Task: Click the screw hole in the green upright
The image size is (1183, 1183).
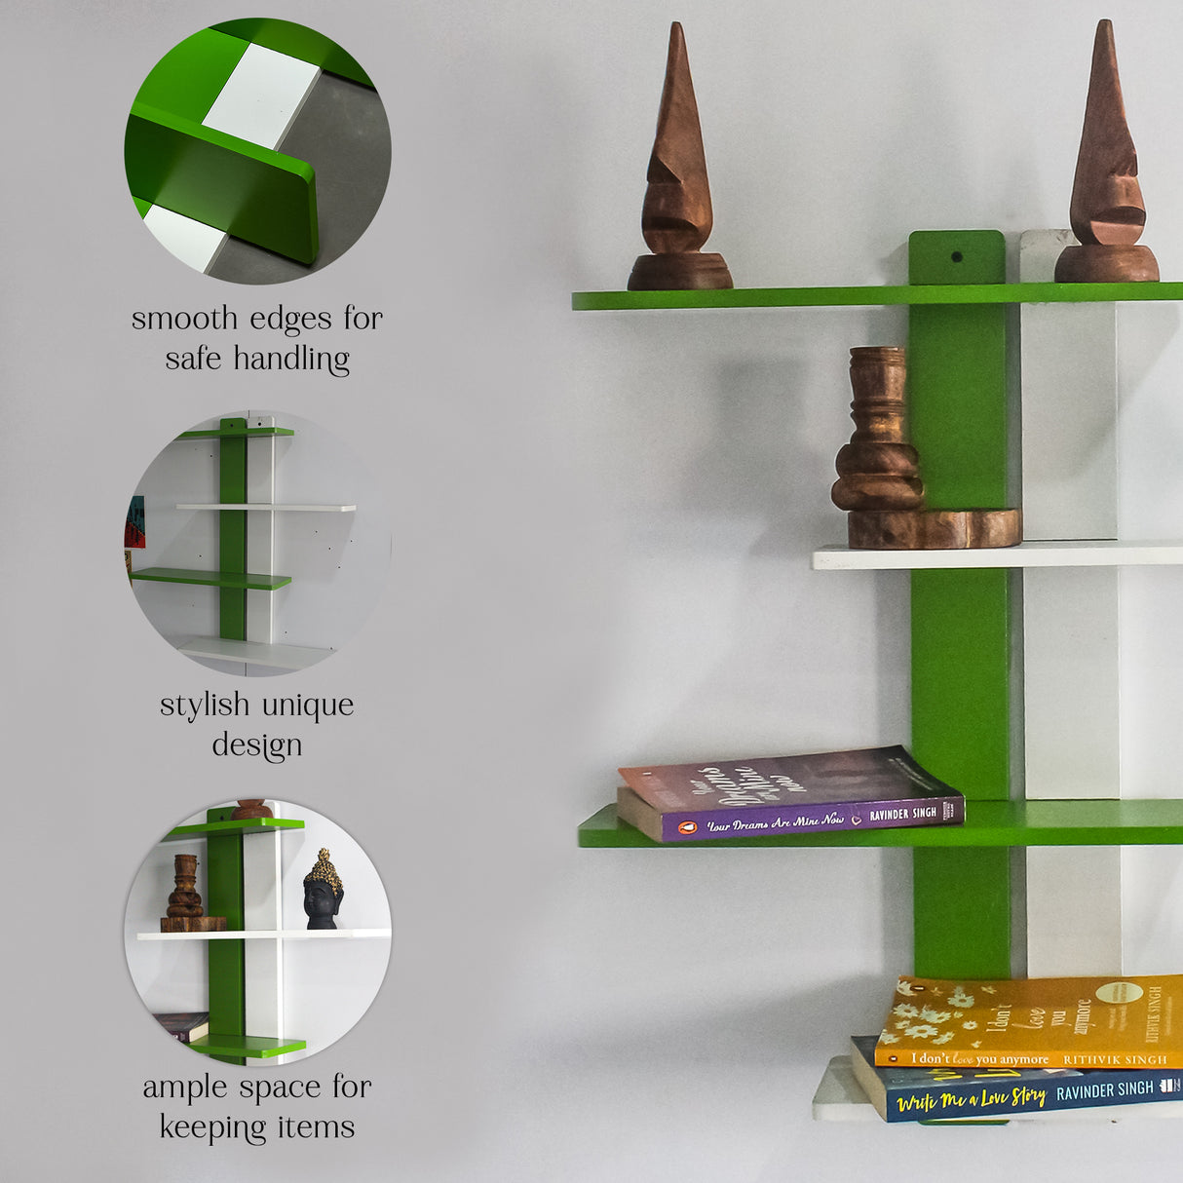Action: (x=956, y=257)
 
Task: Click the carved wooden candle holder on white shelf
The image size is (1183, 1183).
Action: (x=880, y=439)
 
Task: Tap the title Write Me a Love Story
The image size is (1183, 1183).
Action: (x=972, y=1099)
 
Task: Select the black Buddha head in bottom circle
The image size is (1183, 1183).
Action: (x=323, y=890)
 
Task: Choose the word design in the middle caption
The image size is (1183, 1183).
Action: (x=257, y=745)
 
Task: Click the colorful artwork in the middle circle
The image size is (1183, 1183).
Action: (x=134, y=522)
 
